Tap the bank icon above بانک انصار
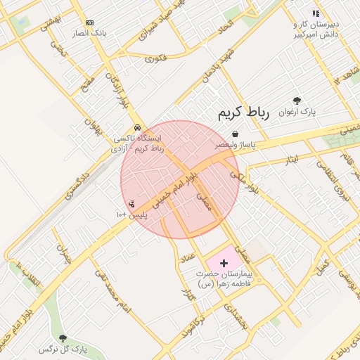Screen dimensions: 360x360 tap(89, 23)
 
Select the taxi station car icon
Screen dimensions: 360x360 tap(137, 127)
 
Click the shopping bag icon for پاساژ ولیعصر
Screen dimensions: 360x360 tap(234, 134)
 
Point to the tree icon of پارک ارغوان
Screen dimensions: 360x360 tap(297, 101)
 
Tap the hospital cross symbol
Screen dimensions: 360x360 tap(224, 262)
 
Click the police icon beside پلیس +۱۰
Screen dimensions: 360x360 tap(131, 204)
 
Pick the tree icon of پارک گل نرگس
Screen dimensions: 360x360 tap(63, 338)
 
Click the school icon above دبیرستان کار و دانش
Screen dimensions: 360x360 tap(316, 13)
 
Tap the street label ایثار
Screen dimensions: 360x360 tap(292, 160)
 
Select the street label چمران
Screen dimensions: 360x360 tap(65, 252)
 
